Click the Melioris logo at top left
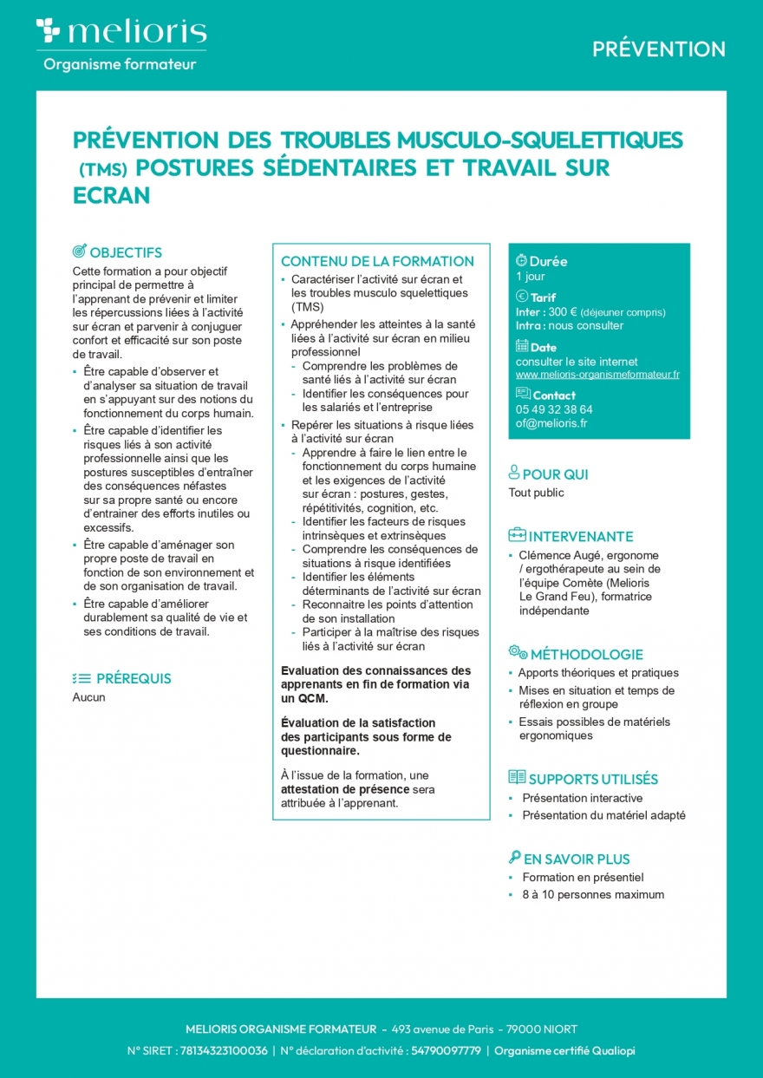121,32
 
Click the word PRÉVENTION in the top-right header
659,49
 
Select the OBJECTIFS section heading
126,252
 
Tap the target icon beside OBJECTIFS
79,252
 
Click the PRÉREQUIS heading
134,678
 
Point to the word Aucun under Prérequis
88,697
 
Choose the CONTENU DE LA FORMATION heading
377,261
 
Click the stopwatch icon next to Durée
521,260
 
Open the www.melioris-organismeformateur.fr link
597,375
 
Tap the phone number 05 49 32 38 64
554,409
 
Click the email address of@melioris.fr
551,423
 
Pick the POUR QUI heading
555,474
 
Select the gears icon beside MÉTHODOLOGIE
518,653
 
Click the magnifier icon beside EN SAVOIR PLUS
514,859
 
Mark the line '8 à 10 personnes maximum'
593,894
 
